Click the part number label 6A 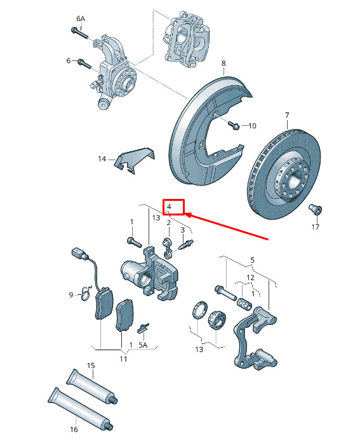click(81, 18)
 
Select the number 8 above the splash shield click(223, 63)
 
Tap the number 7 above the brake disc click(287, 115)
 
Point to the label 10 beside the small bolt click(252, 126)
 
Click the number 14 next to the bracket click(102, 159)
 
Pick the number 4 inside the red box click(169, 207)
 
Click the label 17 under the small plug click(315, 227)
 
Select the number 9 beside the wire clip click(71, 295)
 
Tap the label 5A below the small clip click(143, 345)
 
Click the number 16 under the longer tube click(74, 430)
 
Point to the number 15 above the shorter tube click(91, 365)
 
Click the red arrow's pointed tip click(185, 215)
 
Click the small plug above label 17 click(316, 210)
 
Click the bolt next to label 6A click(80, 33)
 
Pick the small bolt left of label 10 click(234, 125)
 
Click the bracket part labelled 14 click(134, 160)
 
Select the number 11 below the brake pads click(123, 359)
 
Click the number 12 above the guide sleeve click(250, 278)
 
